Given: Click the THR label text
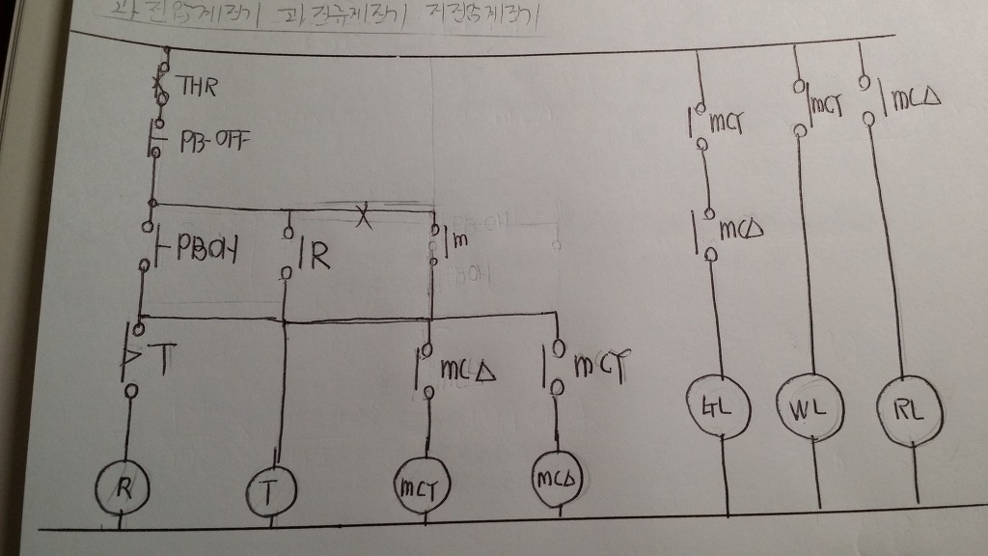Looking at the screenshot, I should [x=197, y=87].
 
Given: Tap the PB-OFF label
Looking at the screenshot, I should [x=213, y=141].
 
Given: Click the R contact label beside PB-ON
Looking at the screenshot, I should [x=316, y=256].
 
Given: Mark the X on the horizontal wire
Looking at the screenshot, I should [x=363, y=216].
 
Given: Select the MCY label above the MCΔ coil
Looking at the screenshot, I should [x=600, y=366].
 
